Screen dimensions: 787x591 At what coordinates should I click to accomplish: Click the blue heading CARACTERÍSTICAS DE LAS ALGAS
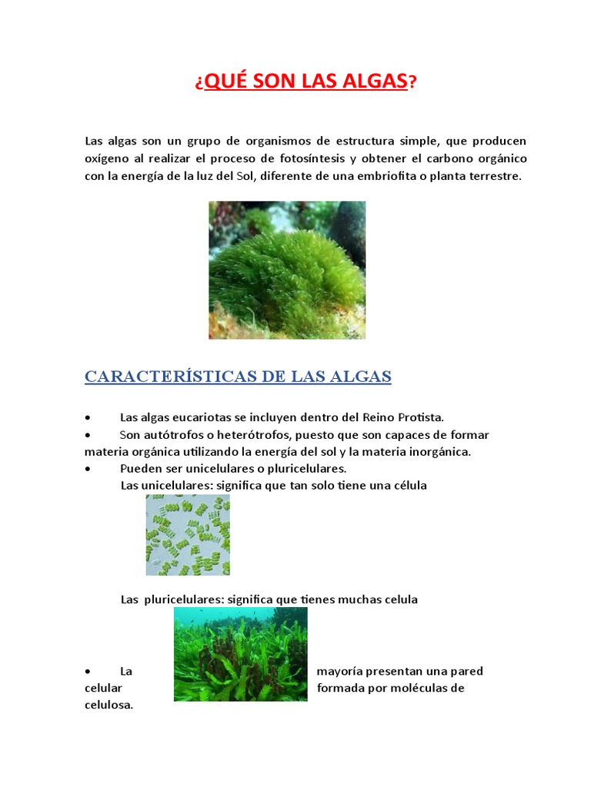pyautogui.click(x=238, y=377)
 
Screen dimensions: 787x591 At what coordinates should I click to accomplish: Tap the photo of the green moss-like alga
pyautogui.click(x=287, y=270)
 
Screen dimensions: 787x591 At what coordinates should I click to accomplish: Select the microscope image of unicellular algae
pyautogui.click(x=188, y=535)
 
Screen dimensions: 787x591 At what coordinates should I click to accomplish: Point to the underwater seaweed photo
pyautogui.click(x=240, y=654)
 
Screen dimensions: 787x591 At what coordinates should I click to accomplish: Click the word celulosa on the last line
pyautogui.click(x=109, y=705)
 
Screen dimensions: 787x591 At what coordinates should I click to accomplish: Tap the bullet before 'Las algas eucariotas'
pyautogui.click(x=89, y=417)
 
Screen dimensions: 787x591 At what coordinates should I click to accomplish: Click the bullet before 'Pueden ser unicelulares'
pyautogui.click(x=89, y=468)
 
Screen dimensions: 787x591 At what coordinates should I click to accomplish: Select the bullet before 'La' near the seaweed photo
pyautogui.click(x=89, y=671)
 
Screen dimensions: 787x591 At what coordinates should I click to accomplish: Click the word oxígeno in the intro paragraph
pyautogui.click(x=108, y=158)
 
